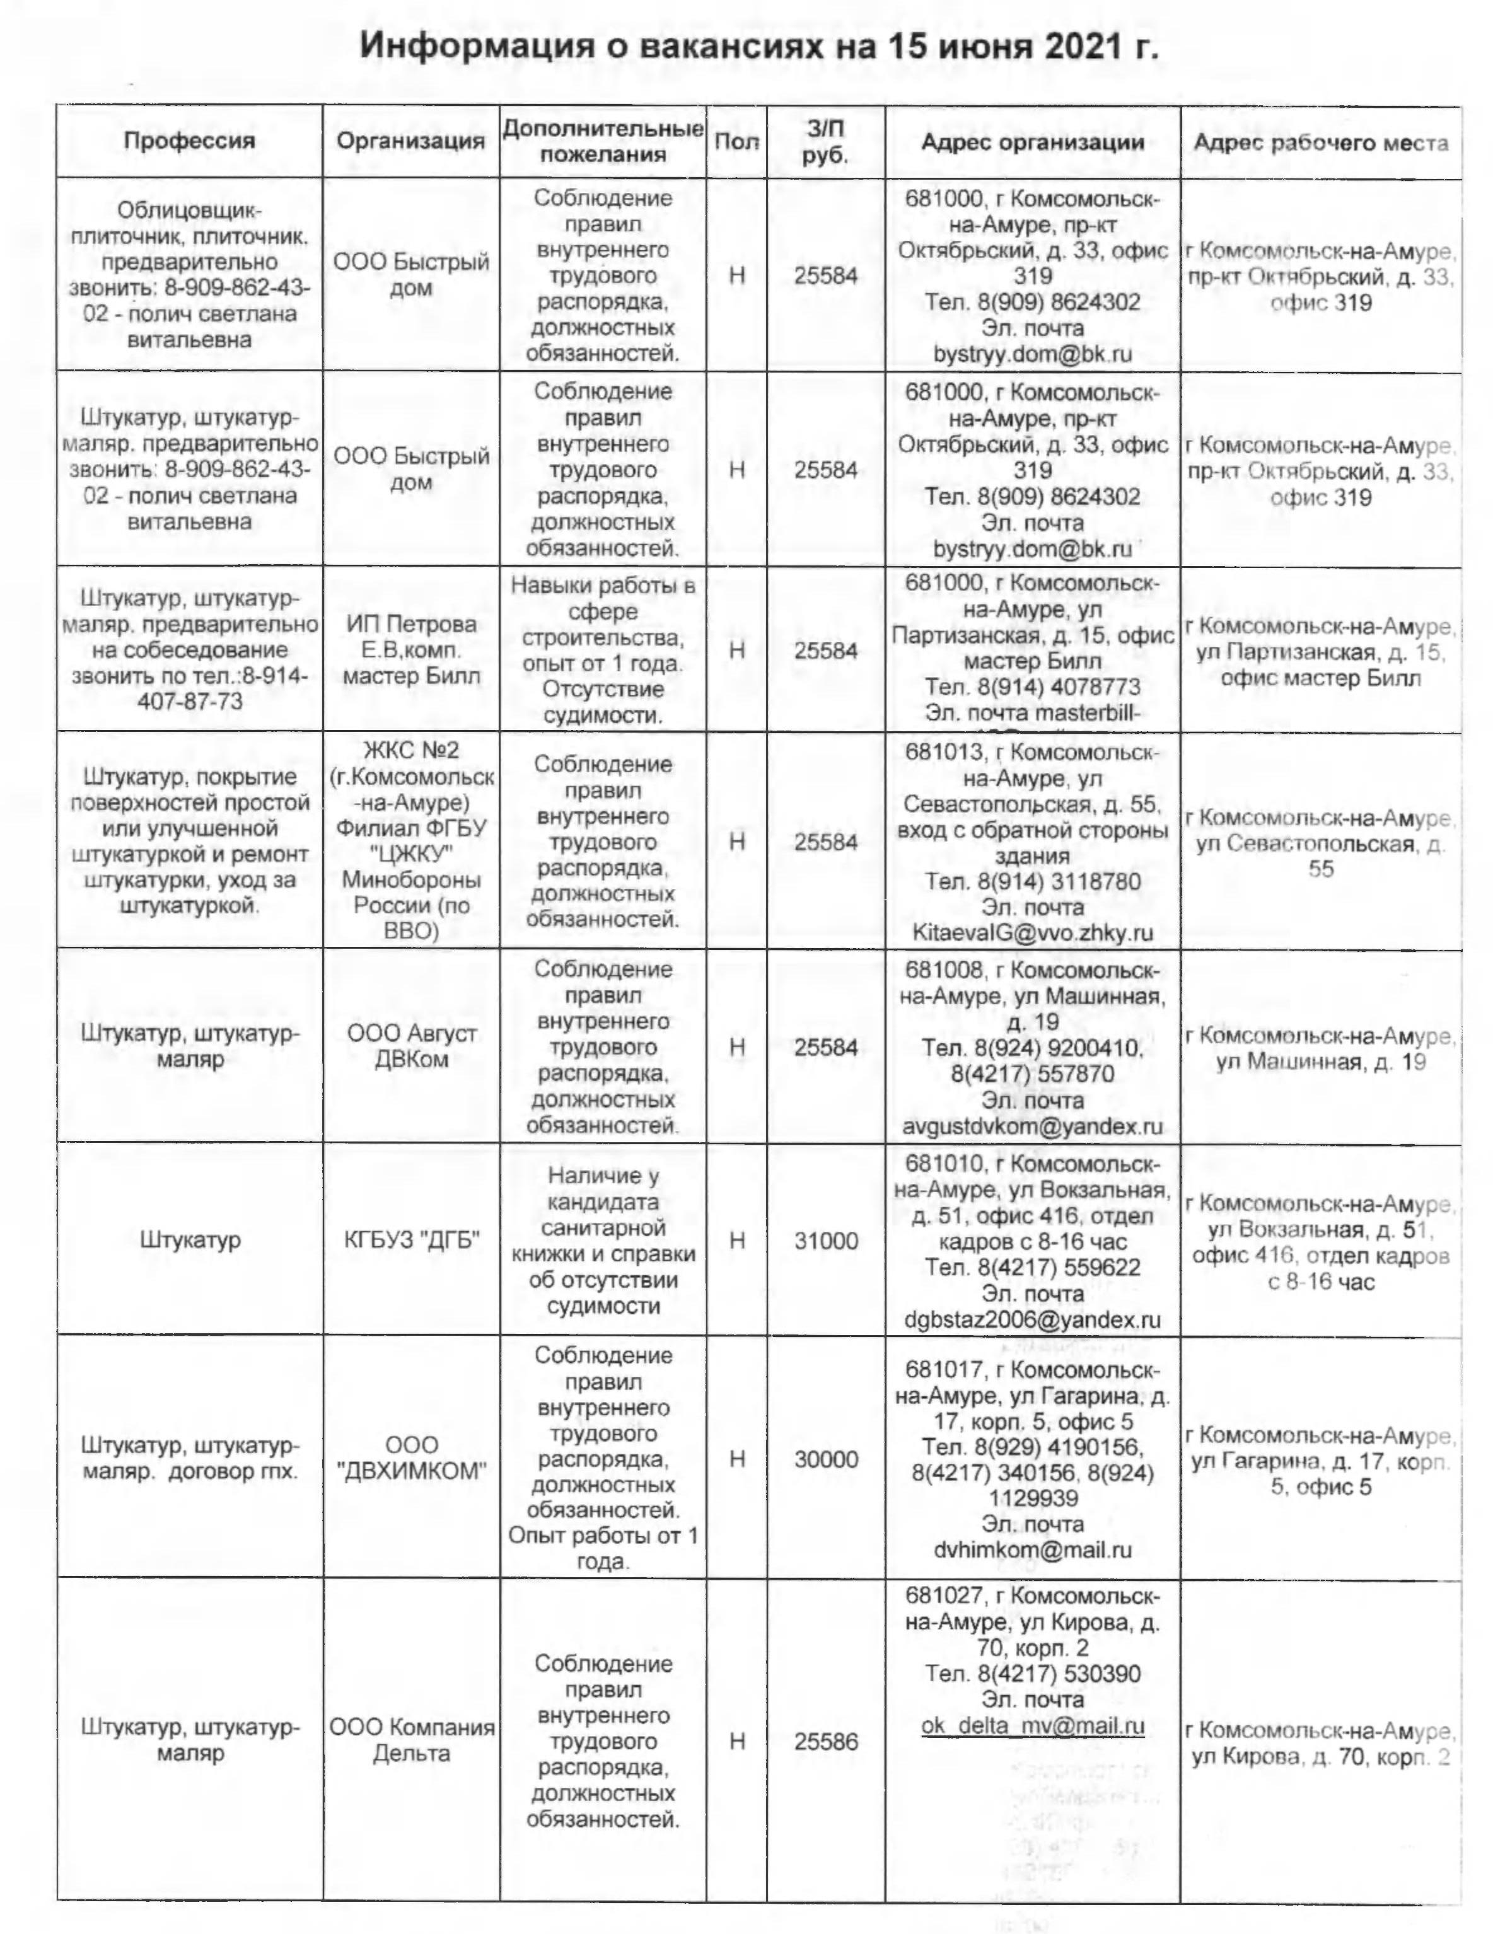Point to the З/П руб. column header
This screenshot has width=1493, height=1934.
click(826, 142)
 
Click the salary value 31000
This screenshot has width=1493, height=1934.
click(825, 1241)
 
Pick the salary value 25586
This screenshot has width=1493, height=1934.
click(825, 1741)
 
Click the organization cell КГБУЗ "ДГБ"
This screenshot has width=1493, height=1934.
click(411, 1241)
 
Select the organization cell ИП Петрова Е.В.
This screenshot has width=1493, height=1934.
click(411, 650)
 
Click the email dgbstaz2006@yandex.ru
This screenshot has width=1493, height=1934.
click(1033, 1319)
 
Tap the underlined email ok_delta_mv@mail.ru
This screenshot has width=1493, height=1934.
click(1033, 1726)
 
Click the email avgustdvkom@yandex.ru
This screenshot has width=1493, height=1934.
click(1033, 1126)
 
